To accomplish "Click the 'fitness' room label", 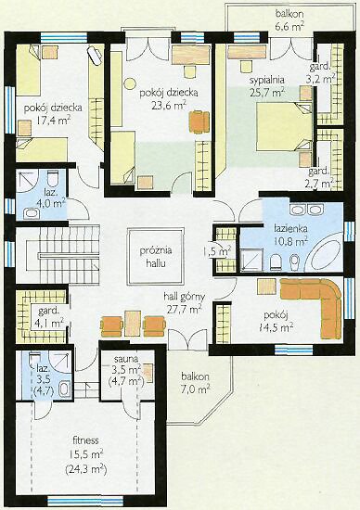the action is [85, 440].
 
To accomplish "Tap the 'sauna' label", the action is [126, 359].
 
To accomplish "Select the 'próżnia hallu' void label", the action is [156, 257].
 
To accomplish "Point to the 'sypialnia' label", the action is [267, 80].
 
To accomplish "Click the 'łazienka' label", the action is [290, 228].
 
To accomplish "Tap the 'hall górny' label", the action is [185, 297].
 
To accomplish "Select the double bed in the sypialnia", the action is [285, 127].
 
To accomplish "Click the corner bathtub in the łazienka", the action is [324, 254].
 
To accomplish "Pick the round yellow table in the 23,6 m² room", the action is [130, 83].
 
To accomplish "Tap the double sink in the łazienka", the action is [306, 210].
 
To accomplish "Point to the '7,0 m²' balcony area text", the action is [195, 389].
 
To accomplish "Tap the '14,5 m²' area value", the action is [276, 327].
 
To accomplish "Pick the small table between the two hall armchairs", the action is [133, 323].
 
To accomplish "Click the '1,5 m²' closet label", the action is [220, 250].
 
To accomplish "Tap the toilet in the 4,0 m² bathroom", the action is [52, 178].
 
